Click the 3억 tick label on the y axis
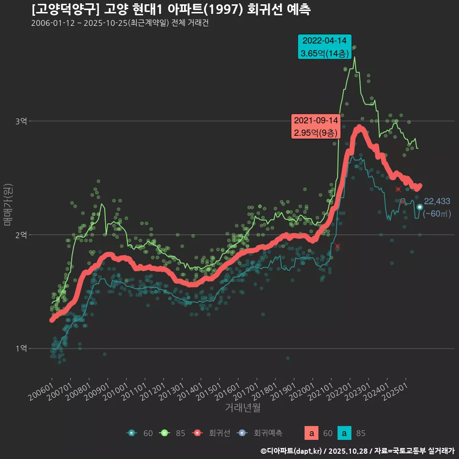[21, 121]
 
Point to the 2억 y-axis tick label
[21, 235]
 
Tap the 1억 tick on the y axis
[21, 349]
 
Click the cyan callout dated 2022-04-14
[325, 47]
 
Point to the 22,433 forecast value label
[437, 201]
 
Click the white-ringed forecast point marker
[420, 207]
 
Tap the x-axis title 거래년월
[242, 407]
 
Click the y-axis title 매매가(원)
[7, 204]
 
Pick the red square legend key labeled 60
[312, 434]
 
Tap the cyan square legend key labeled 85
[345, 434]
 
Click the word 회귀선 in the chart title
[265, 10]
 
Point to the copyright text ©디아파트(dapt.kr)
[292, 451]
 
